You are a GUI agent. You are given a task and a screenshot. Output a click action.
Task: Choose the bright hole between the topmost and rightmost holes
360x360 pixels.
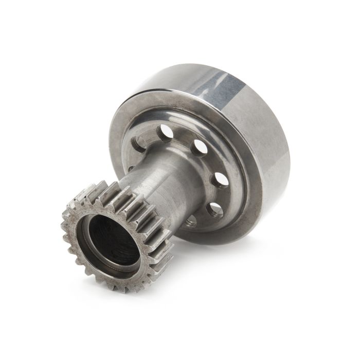point(199,150)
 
